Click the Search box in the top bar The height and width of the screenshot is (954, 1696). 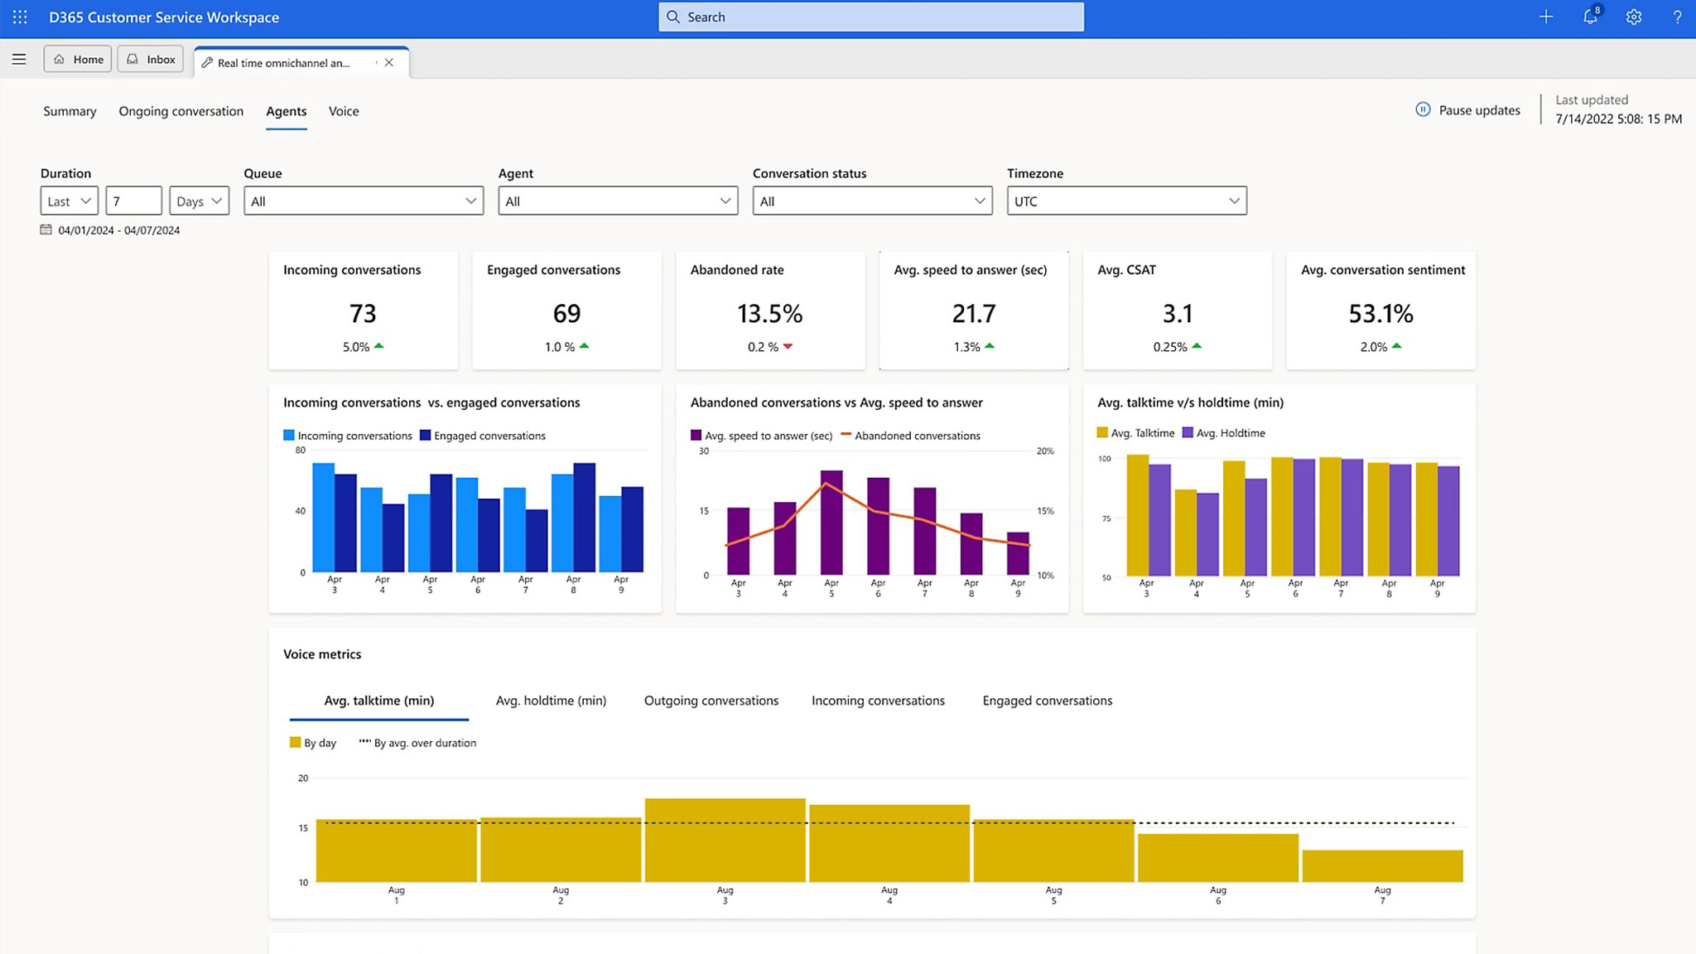(870, 17)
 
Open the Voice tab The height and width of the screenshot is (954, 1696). (344, 111)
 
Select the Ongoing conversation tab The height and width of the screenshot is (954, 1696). (181, 111)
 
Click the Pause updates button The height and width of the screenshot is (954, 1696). (1467, 110)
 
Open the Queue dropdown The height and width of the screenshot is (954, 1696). (364, 201)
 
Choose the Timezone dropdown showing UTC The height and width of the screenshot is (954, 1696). (1126, 201)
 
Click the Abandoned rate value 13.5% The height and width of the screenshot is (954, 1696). (769, 314)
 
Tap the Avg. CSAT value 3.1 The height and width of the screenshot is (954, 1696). (1177, 314)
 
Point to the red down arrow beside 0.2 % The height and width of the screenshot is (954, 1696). (788, 346)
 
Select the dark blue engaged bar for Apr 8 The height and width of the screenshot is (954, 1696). (584, 518)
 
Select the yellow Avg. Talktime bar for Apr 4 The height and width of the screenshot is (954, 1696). (1185, 532)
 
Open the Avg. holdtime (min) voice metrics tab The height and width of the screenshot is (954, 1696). (551, 701)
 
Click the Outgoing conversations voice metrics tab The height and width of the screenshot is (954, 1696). (711, 701)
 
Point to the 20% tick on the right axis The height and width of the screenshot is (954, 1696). (1045, 451)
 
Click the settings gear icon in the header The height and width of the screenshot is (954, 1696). (1633, 17)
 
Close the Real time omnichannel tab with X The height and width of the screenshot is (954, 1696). (389, 62)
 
